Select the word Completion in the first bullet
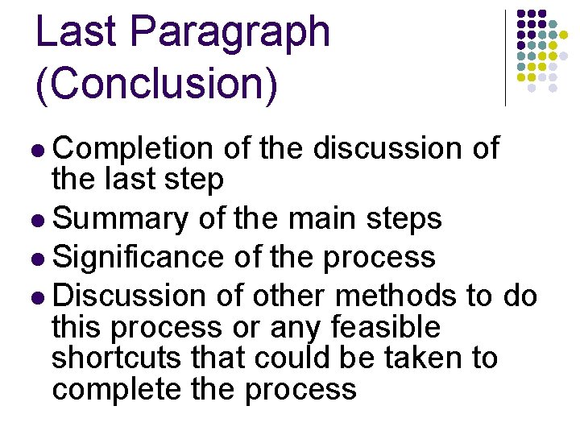pyautogui.click(x=133, y=149)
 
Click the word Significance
pyautogui.click(x=138, y=258)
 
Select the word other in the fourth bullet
pyautogui.click(x=289, y=296)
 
